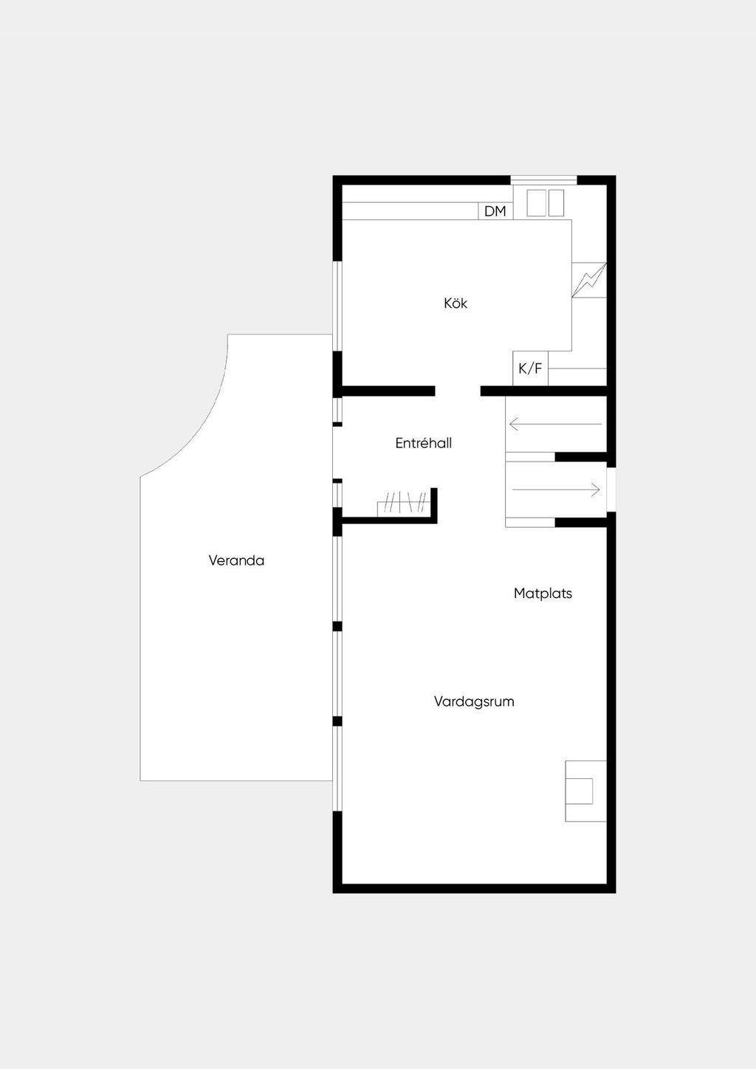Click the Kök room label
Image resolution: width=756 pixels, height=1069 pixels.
click(456, 303)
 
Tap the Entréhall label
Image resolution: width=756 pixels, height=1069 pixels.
click(423, 444)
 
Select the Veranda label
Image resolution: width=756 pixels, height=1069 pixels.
click(236, 560)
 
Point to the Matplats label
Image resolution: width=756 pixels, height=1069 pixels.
click(543, 594)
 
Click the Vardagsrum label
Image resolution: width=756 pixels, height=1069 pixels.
click(474, 701)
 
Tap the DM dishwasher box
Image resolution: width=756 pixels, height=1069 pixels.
click(495, 211)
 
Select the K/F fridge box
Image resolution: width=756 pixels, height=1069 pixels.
click(530, 368)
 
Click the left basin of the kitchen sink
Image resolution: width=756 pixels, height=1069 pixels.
click(536, 203)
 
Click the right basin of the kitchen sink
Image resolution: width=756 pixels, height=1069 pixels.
click(556, 203)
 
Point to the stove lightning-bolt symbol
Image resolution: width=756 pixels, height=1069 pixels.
click(589, 280)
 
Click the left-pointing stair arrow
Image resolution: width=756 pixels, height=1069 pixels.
click(555, 424)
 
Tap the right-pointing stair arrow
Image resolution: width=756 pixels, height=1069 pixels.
click(556, 489)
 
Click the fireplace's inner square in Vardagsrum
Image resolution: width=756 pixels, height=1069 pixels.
click(579, 791)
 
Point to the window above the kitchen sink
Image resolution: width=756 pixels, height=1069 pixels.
click(543, 180)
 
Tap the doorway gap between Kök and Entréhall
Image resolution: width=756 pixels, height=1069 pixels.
click(458, 391)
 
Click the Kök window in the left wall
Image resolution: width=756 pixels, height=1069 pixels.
click(337, 306)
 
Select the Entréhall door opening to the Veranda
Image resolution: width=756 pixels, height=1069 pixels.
click(337, 453)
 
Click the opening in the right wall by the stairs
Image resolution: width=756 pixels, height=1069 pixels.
click(611, 489)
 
